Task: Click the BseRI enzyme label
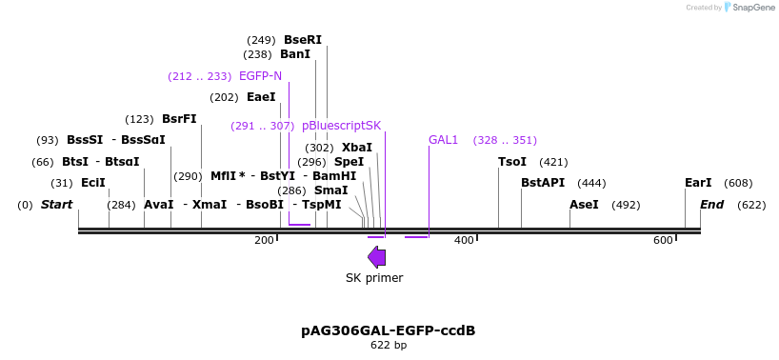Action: pos(303,40)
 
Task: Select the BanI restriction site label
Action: pos(295,54)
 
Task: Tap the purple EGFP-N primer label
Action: pos(260,75)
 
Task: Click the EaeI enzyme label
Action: pos(261,97)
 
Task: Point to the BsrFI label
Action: pos(179,119)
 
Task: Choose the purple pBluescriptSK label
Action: pos(341,126)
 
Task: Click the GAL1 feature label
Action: pos(443,140)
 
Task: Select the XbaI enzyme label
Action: pos(357,148)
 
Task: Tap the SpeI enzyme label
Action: pos(349,162)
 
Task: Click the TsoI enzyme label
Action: pos(512,162)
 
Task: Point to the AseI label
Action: pos(584,205)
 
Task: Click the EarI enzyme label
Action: pos(698,183)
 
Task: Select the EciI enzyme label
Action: pos(93,183)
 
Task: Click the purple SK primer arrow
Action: pos(377,256)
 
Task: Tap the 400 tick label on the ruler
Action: pos(464,240)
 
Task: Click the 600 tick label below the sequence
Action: pos(663,240)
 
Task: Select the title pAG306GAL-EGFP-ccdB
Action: pos(389,330)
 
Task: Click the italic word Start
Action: pos(57,205)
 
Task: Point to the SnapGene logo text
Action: pos(752,8)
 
